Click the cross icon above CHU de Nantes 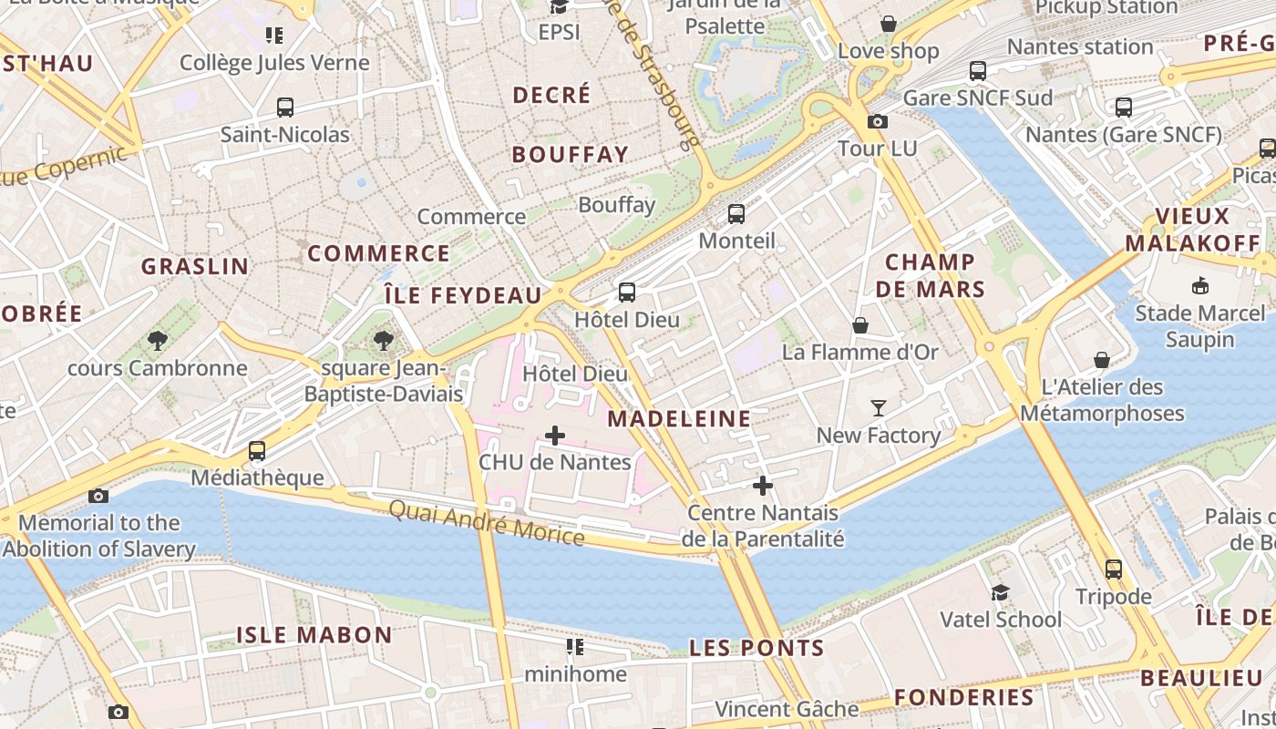554,436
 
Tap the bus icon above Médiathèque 257,451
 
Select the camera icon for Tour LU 878,121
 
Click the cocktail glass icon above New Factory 879,407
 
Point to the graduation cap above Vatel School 1000,592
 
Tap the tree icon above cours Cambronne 158,341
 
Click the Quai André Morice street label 487,522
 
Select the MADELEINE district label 679,419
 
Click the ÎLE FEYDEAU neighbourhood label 463,295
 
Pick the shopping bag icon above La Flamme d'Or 859,325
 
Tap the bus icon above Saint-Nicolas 285,108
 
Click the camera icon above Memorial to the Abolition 98,496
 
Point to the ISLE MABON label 314,635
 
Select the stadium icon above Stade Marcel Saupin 1200,285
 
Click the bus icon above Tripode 1113,570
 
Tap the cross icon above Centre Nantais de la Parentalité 763,486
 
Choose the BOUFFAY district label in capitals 571,155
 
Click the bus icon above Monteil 736,214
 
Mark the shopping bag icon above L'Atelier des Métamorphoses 1102,360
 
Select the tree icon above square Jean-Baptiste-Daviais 384,341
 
